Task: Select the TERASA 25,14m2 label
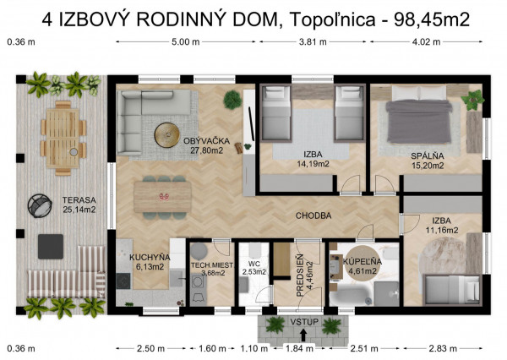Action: pos(78,205)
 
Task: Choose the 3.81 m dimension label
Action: pos(310,41)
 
